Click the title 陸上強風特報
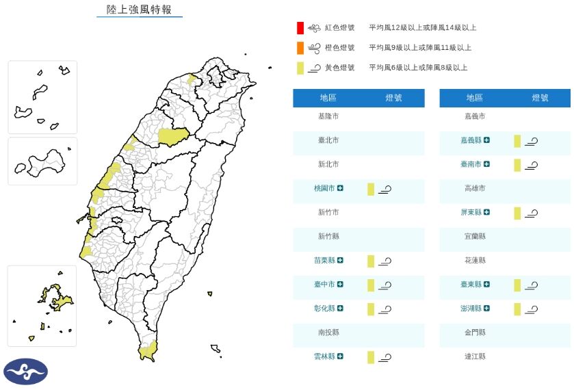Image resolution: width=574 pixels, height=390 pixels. coord(139,10)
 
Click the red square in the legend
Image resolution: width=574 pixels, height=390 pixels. coord(300,28)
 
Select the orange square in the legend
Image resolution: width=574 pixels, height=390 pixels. coord(300,48)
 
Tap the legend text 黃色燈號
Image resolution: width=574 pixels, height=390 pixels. coord(339,68)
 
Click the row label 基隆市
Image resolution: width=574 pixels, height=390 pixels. coord(328,116)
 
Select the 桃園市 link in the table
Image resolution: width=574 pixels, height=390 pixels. coord(324,188)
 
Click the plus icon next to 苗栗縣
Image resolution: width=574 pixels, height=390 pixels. coord(340,260)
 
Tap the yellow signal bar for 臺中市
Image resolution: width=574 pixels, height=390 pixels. coord(371,285)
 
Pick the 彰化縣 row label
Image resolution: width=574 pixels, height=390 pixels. coord(324,309)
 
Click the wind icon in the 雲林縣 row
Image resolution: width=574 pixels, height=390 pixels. coord(385,356)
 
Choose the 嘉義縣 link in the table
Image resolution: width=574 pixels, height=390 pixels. coord(471,140)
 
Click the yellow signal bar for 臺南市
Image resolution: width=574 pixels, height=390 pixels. coord(517,165)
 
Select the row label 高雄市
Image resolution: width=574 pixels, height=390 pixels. coord(475,188)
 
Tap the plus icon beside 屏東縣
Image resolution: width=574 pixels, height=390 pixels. coord(486,212)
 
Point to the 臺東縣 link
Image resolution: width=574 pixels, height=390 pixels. coord(471,284)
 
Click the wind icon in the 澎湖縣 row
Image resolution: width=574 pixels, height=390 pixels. coord(532,309)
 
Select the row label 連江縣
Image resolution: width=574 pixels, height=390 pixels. coord(475,356)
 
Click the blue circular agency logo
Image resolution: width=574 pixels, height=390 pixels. coord(25,372)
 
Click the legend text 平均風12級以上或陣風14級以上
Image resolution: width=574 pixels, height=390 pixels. coord(422,28)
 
